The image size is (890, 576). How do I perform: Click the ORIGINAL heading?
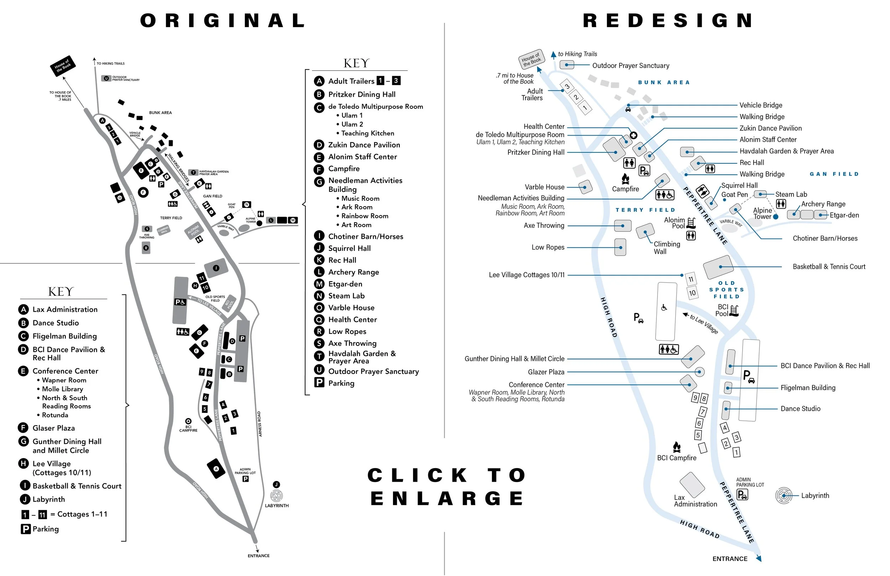(223, 21)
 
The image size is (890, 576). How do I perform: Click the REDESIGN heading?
(668, 21)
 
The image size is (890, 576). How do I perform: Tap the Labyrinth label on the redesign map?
(815, 496)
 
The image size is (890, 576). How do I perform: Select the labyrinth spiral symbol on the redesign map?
(784, 496)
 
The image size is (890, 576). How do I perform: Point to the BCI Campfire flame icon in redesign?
(676, 446)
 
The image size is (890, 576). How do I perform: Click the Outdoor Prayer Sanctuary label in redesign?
(630, 66)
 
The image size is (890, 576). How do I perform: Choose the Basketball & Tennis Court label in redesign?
(829, 267)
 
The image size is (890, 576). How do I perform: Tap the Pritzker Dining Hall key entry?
(361, 94)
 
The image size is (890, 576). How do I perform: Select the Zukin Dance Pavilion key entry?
(364, 145)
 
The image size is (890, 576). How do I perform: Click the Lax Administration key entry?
(65, 309)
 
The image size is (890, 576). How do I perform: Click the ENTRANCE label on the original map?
(258, 556)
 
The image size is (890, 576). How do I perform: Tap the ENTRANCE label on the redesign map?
(729, 559)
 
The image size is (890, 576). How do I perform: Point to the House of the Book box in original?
(63, 66)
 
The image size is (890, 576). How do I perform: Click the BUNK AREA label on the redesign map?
(664, 82)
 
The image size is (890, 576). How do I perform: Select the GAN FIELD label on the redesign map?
(834, 174)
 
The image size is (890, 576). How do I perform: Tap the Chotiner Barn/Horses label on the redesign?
(825, 238)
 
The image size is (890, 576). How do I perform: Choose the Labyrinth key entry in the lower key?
(48, 499)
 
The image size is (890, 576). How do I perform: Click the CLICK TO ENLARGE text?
(447, 487)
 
